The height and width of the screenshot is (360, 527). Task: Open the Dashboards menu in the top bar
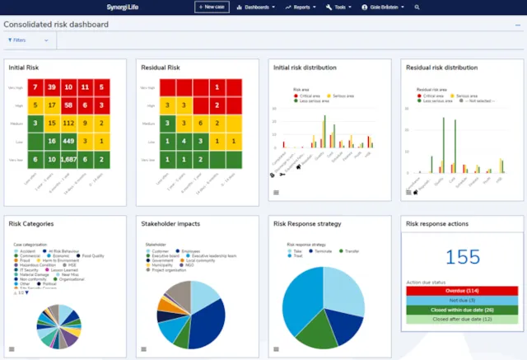pyautogui.click(x=255, y=7)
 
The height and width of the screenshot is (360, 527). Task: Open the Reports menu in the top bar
pyautogui.click(x=301, y=7)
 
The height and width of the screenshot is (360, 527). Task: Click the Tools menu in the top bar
pyautogui.click(x=339, y=7)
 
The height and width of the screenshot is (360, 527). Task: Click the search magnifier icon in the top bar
pyautogui.click(x=417, y=7)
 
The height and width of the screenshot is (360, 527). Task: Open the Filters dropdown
pyautogui.click(x=28, y=40)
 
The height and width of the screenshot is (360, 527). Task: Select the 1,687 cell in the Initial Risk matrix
pyautogui.click(x=70, y=159)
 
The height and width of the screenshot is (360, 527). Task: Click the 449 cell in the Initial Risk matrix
pyautogui.click(x=70, y=141)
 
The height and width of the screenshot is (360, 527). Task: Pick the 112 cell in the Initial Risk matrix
pyautogui.click(x=70, y=123)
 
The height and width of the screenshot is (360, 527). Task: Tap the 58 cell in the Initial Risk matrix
pyautogui.click(x=70, y=105)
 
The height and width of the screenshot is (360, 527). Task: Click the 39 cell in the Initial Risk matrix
pyautogui.click(x=51, y=86)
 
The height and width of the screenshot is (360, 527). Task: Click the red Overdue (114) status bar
pyautogui.click(x=462, y=291)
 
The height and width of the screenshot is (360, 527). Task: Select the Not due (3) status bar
pyautogui.click(x=462, y=301)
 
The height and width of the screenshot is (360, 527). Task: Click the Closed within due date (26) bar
pyautogui.click(x=462, y=311)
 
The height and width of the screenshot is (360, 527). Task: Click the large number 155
pyautogui.click(x=462, y=258)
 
